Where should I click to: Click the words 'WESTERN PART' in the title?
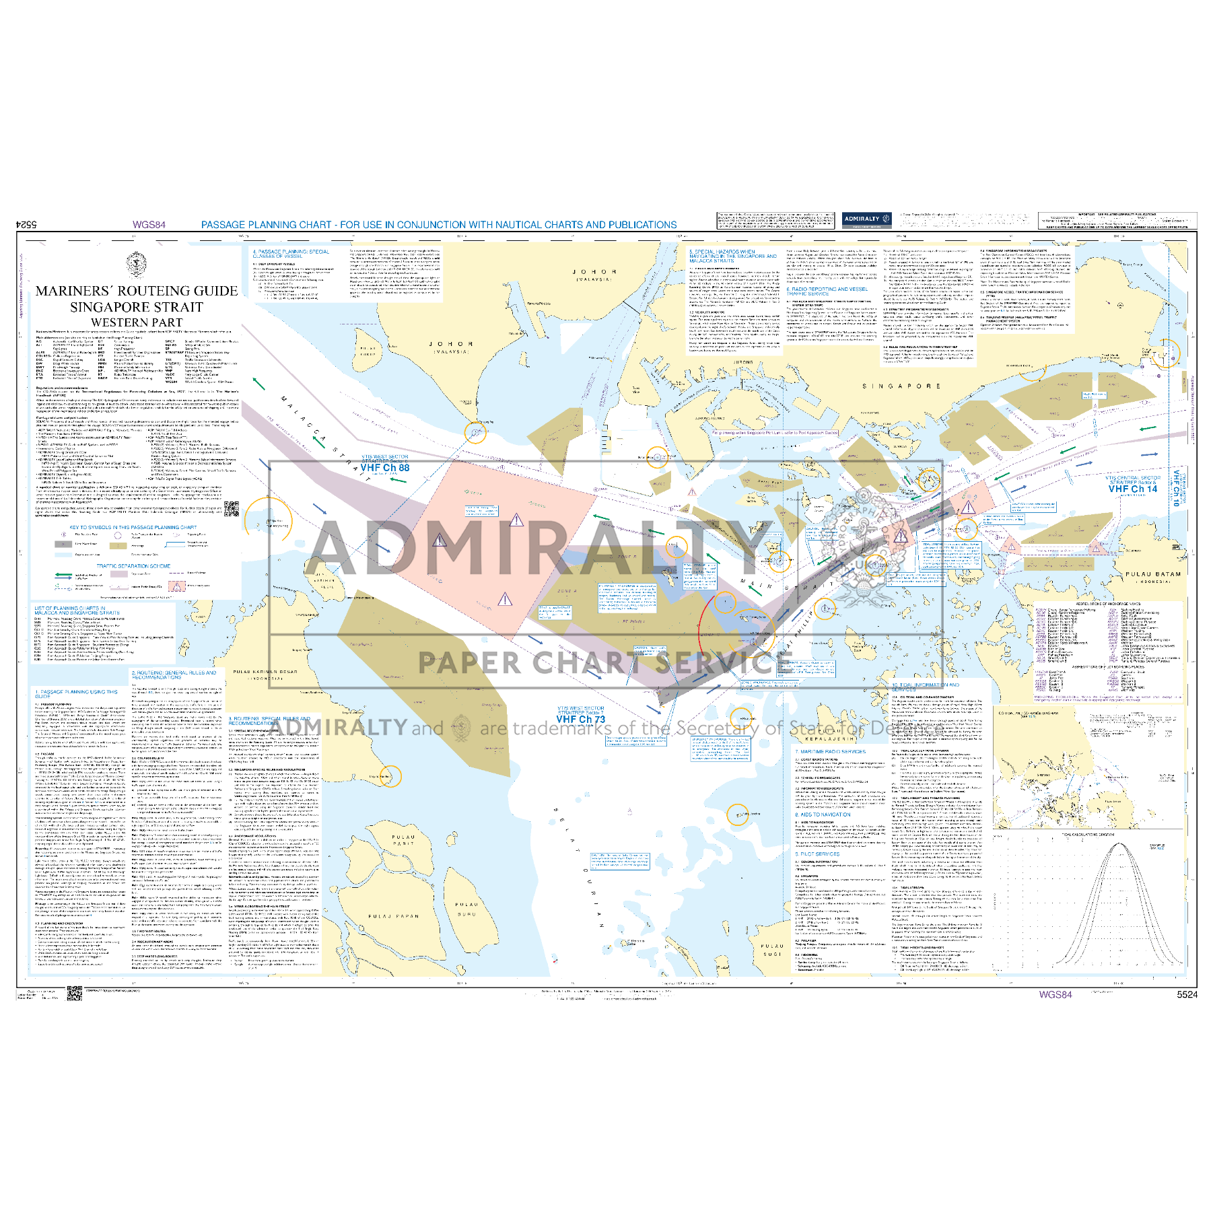click(137, 322)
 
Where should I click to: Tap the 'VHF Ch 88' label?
click(385, 468)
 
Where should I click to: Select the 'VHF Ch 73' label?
click(581, 720)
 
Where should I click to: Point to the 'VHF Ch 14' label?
click(1133, 489)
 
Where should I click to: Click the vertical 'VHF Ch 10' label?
click(1176, 487)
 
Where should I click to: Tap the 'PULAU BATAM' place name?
click(1153, 574)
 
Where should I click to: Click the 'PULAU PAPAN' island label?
click(393, 915)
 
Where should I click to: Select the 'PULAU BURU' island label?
click(466, 909)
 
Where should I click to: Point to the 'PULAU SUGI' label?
click(772, 950)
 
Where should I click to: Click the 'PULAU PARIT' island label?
click(404, 840)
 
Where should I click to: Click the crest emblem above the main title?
click(137, 265)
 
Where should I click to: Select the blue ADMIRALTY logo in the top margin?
click(867, 219)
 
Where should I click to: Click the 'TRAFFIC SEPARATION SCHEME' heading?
click(133, 566)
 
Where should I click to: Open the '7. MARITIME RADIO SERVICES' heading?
click(830, 751)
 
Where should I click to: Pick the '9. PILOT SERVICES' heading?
click(817, 854)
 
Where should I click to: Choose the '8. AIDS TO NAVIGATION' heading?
click(823, 815)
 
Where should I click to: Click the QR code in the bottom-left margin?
click(74, 993)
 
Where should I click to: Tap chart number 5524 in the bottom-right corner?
click(1187, 994)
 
